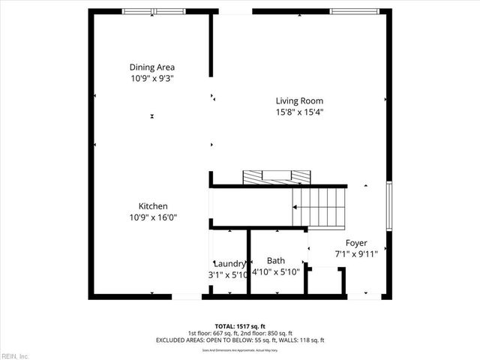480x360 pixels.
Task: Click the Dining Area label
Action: tap(152, 67)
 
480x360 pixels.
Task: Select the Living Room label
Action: tap(299, 101)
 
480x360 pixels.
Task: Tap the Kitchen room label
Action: tap(152, 206)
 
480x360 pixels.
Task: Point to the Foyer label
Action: tap(355, 242)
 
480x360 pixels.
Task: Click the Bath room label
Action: tap(275, 261)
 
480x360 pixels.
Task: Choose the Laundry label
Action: tap(229, 264)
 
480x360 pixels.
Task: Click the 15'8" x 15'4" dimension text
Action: tap(299, 112)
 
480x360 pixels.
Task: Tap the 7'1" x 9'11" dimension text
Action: tap(355, 253)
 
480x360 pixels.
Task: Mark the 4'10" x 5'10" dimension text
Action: tap(275, 272)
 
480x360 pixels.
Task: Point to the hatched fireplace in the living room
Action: tap(275, 177)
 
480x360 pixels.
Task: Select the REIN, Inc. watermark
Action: tap(15, 355)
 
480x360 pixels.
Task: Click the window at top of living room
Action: tap(354, 11)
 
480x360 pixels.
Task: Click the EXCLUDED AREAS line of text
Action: tap(240, 340)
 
